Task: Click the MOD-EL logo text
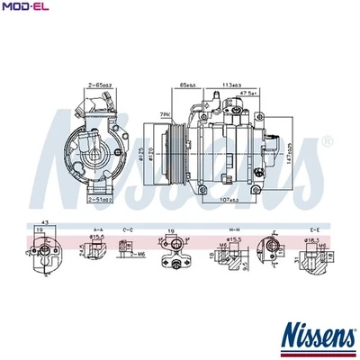coord(24,8)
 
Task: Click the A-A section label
coord(96,230)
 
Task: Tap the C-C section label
coord(127,230)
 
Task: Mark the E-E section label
coord(313,230)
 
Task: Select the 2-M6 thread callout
coord(136,255)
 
